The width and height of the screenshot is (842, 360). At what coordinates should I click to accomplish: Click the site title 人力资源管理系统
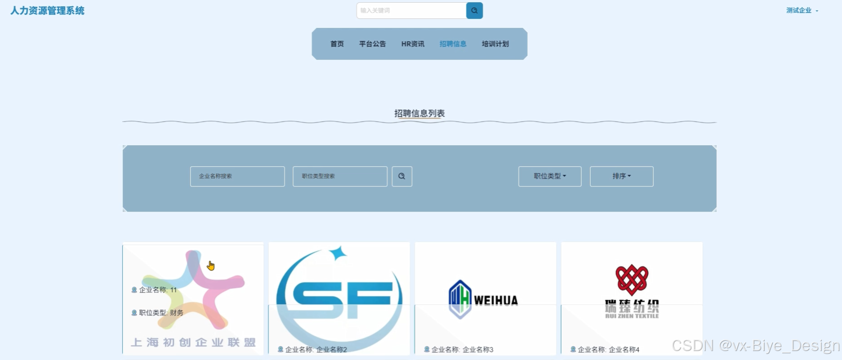47,11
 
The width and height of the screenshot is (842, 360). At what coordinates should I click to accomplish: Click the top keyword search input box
411,11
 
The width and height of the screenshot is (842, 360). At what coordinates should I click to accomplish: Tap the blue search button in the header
474,11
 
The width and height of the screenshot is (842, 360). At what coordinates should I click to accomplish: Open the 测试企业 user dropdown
802,11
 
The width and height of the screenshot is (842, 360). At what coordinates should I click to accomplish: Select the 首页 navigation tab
337,44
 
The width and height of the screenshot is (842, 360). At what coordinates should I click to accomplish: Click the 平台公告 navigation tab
372,44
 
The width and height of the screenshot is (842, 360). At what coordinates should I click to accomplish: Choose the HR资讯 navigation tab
413,44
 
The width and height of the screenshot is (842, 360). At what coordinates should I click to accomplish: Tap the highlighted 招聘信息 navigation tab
453,44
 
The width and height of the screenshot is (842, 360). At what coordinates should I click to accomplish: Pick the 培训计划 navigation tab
495,44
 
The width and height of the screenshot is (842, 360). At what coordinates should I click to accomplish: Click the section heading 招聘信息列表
419,113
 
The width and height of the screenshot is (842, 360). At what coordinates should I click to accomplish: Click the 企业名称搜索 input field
237,176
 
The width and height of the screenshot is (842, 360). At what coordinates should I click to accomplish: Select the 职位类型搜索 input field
340,176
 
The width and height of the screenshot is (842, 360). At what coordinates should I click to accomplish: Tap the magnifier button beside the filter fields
402,176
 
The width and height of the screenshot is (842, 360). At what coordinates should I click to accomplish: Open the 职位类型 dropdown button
550,176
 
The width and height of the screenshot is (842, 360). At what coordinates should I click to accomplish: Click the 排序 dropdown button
621,176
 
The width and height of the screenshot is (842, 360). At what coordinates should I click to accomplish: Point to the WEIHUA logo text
496,300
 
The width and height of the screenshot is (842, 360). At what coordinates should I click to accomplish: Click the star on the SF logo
338,253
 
